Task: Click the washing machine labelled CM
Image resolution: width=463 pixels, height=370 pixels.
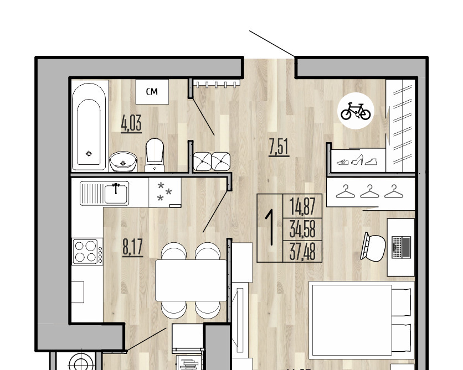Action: [x=152, y=91]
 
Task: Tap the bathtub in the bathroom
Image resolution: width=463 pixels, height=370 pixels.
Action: [x=89, y=126]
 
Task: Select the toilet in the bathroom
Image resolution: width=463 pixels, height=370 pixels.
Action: [x=155, y=155]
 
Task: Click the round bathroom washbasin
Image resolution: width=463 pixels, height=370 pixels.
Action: [x=123, y=161]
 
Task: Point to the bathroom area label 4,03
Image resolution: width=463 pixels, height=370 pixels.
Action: [x=131, y=123]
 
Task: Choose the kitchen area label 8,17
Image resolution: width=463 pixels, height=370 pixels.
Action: [x=133, y=247]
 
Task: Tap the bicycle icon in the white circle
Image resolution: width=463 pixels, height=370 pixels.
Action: [x=356, y=111]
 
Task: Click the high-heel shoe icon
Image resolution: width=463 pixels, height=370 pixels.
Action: [x=357, y=160]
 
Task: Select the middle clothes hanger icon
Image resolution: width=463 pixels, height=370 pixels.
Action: [x=369, y=191]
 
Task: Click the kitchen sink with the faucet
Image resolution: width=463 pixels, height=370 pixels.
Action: [x=105, y=193]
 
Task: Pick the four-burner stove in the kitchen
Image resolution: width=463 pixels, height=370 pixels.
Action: [x=88, y=252]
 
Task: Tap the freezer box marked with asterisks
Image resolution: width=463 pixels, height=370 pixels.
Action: [x=165, y=192]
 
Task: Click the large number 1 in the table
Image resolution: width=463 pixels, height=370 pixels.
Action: [x=269, y=227]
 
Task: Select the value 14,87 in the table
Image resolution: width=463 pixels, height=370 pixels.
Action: [x=302, y=206]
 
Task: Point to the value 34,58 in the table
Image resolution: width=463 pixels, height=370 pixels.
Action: [x=302, y=229]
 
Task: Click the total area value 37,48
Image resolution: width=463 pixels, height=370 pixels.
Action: [x=302, y=252]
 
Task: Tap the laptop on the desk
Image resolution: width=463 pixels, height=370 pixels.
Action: [x=401, y=247]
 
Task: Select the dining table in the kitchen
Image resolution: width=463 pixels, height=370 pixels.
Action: [x=191, y=280]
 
